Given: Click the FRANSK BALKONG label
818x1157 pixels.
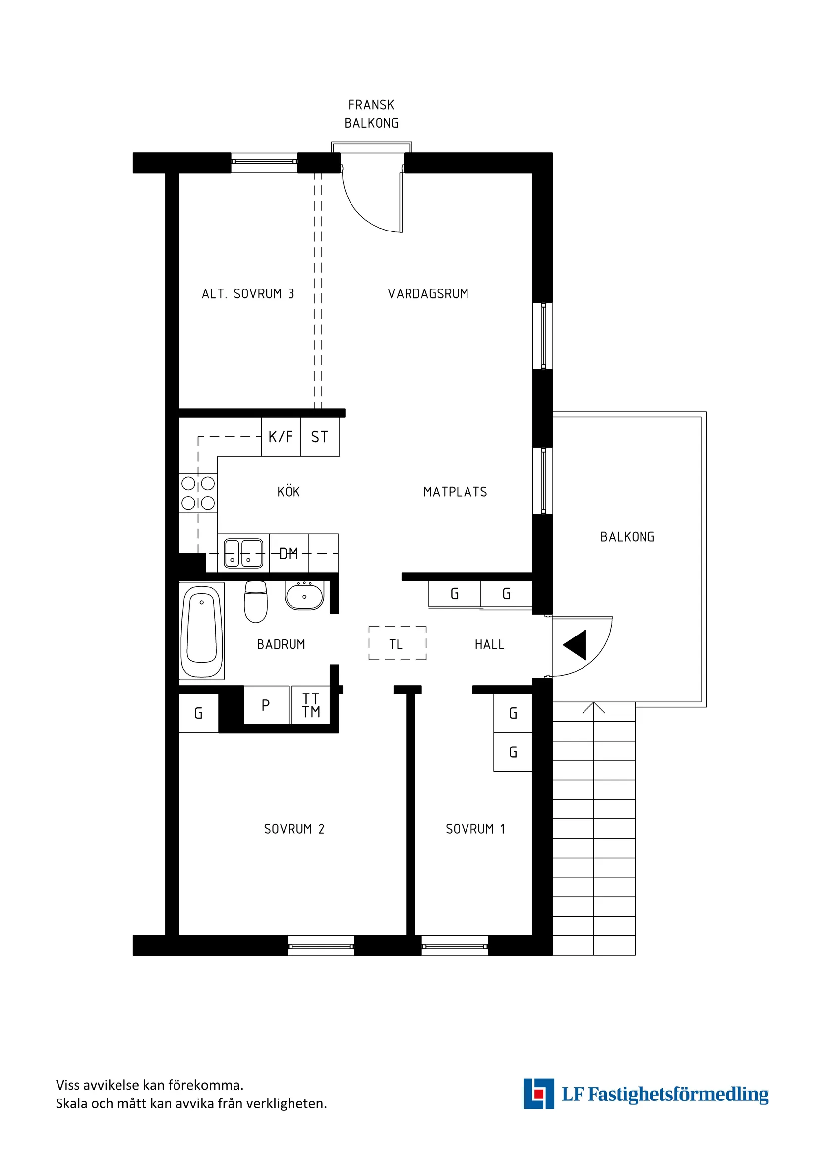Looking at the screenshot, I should tap(371, 114).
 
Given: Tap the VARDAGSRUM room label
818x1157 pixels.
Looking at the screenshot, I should tap(428, 294).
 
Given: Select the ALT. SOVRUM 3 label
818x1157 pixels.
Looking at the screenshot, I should tap(247, 294).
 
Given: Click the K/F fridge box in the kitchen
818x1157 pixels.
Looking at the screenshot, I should tap(281, 436).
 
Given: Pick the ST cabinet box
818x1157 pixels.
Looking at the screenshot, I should tap(320, 436).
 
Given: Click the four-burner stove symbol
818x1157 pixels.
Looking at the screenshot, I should tap(198, 493).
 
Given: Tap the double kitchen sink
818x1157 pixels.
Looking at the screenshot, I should tap(243, 553).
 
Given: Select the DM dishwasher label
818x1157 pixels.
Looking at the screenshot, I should tap(289, 554).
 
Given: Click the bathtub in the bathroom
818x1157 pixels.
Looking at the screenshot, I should tap(202, 631).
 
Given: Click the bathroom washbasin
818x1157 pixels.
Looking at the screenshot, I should tap(304, 596).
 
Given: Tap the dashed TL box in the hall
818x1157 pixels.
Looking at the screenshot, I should tap(397, 643).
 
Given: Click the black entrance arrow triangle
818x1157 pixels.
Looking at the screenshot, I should tap(576, 644).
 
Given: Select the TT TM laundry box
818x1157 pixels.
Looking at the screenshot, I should tap(310, 705).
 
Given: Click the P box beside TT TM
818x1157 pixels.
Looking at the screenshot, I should tap(266, 705).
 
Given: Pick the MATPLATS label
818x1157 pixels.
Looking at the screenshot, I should tap(455, 492).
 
